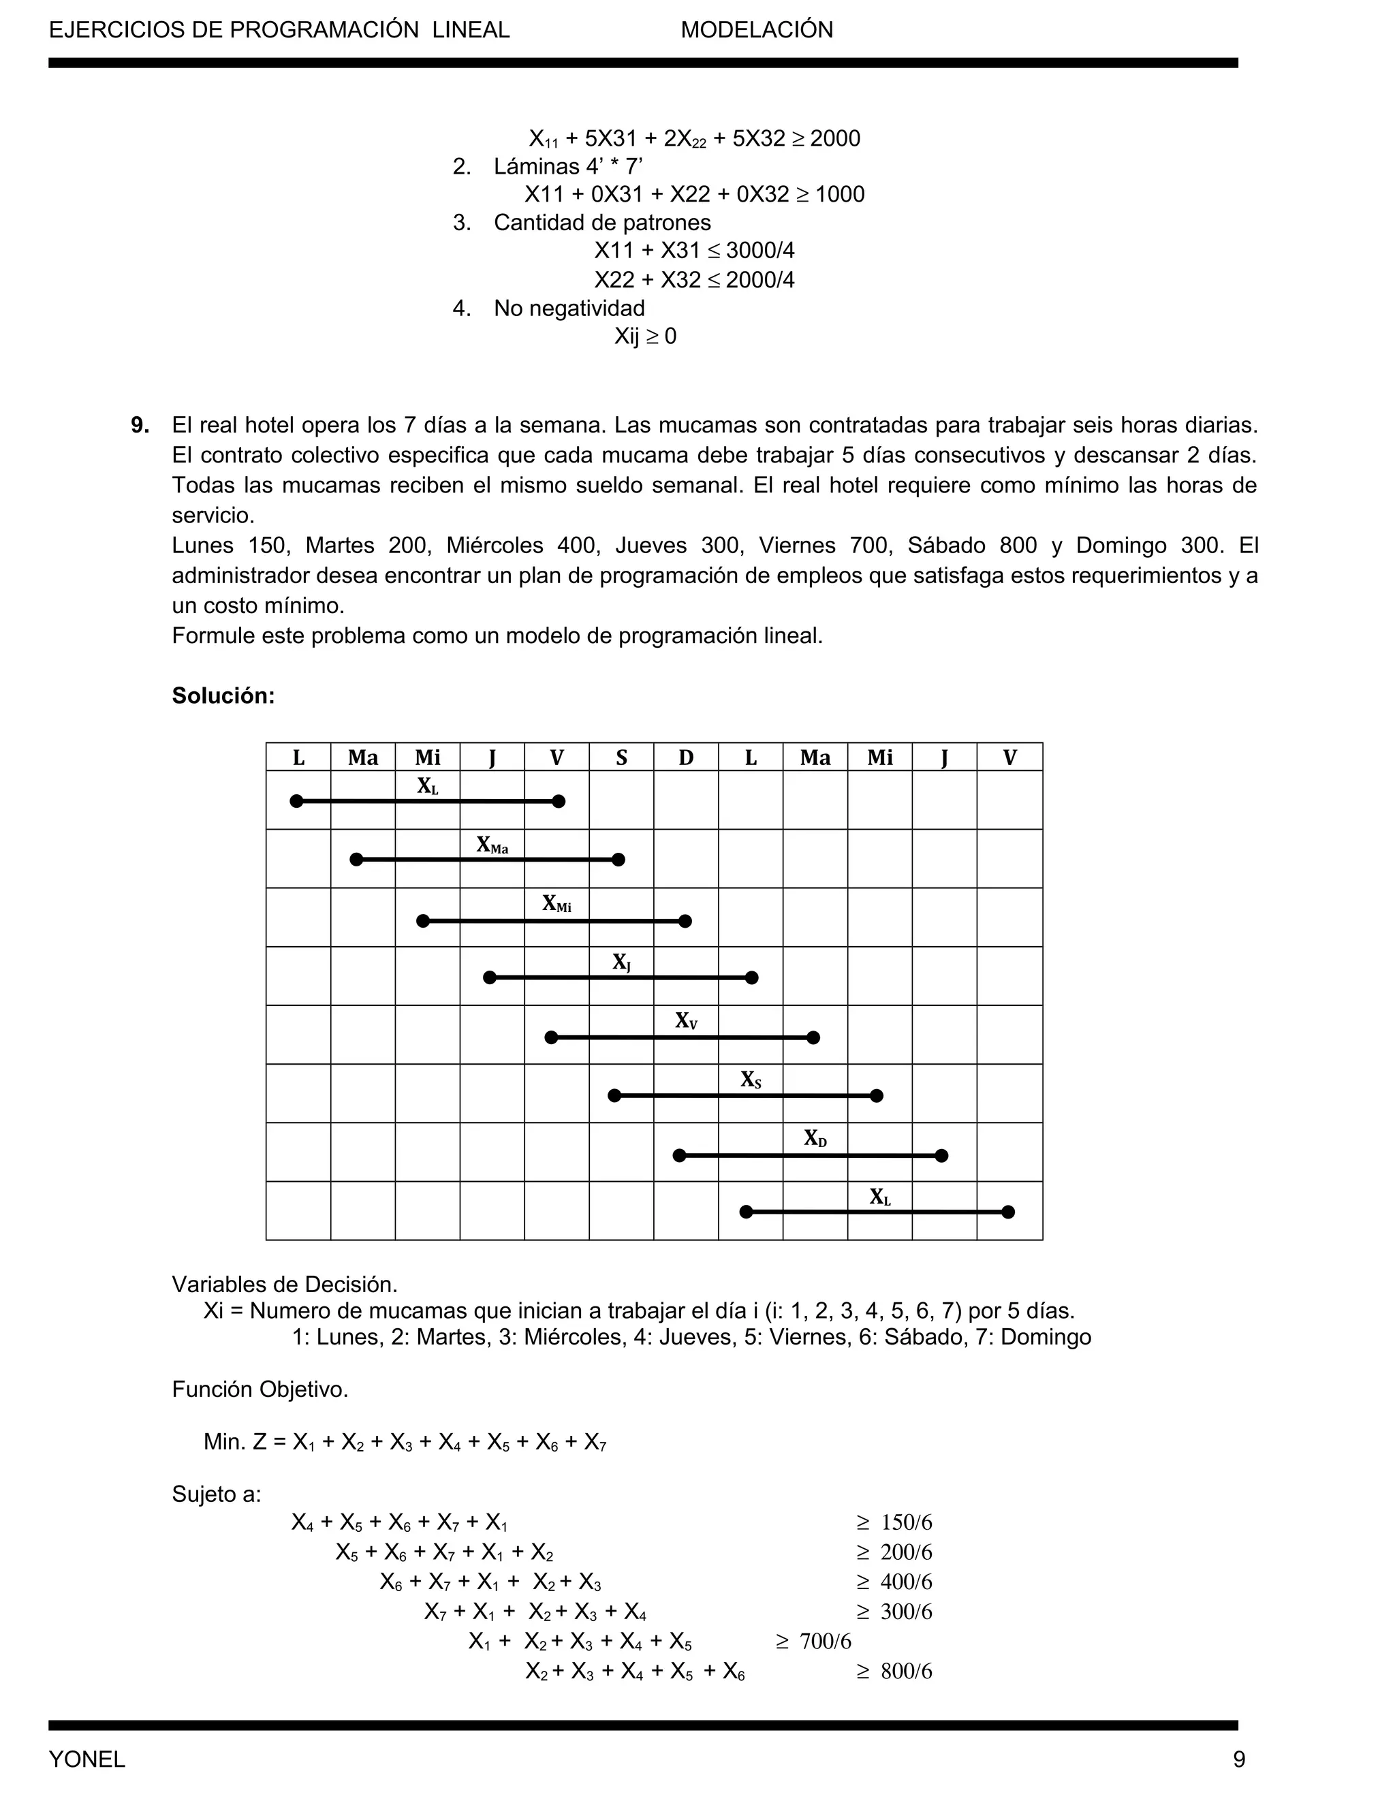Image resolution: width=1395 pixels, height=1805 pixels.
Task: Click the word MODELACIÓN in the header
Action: [x=756, y=30]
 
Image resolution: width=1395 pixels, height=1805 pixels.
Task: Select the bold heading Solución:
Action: [x=223, y=696]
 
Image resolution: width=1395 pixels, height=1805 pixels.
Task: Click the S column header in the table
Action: [x=621, y=757]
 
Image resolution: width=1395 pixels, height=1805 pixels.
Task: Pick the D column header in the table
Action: [x=686, y=757]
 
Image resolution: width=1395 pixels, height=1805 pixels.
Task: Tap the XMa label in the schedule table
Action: [x=492, y=845]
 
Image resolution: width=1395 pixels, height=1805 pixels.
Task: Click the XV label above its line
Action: [x=686, y=1021]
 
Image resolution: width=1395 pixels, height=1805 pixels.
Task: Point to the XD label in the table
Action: [x=815, y=1138]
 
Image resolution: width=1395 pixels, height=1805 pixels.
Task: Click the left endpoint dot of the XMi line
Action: [x=423, y=921]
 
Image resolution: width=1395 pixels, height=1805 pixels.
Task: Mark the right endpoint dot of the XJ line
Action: [x=751, y=977]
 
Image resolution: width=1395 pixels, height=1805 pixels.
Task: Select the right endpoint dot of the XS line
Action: [x=877, y=1096]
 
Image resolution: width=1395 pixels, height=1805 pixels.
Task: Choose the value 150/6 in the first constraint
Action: [x=906, y=1522]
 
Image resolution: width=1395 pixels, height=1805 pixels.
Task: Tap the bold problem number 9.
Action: [x=140, y=426]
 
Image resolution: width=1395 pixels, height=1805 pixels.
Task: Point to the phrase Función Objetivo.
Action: [x=260, y=1390]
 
